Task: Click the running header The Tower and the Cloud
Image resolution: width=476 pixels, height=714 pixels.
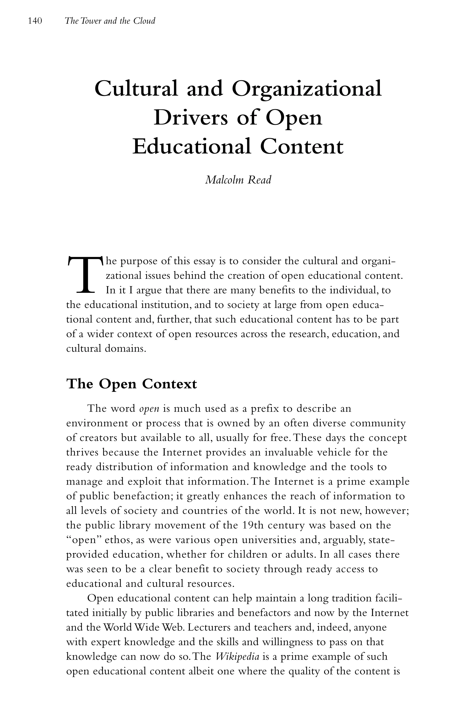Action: pos(110,21)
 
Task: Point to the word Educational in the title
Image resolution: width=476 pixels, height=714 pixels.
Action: pos(192,147)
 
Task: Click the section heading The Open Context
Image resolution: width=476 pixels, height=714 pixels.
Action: pos(132,384)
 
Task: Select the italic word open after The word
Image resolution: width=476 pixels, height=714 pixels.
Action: pos(149,409)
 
